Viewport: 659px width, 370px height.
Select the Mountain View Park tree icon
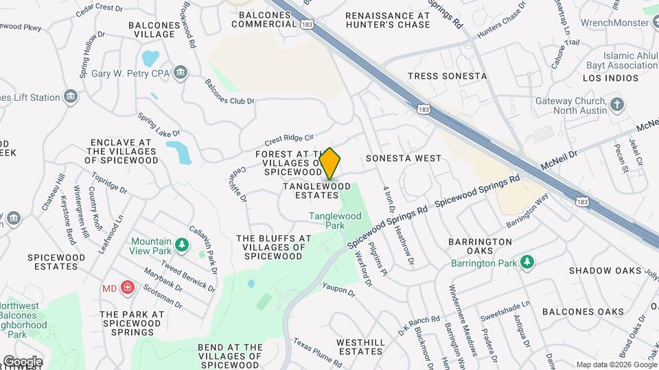181,245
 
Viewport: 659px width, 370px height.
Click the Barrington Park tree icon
527,261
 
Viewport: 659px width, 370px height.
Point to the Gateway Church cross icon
618,105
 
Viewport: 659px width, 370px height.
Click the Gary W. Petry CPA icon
181,73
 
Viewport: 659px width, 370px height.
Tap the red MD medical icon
127,288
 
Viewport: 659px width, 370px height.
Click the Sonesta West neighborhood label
404,158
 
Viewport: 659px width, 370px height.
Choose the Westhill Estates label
360,347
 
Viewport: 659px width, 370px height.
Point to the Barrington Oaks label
480,247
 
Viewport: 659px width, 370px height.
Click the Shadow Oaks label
605,271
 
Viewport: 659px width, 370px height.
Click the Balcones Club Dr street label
230,91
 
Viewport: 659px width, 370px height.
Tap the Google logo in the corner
23,361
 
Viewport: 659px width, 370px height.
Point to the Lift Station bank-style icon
71,97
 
